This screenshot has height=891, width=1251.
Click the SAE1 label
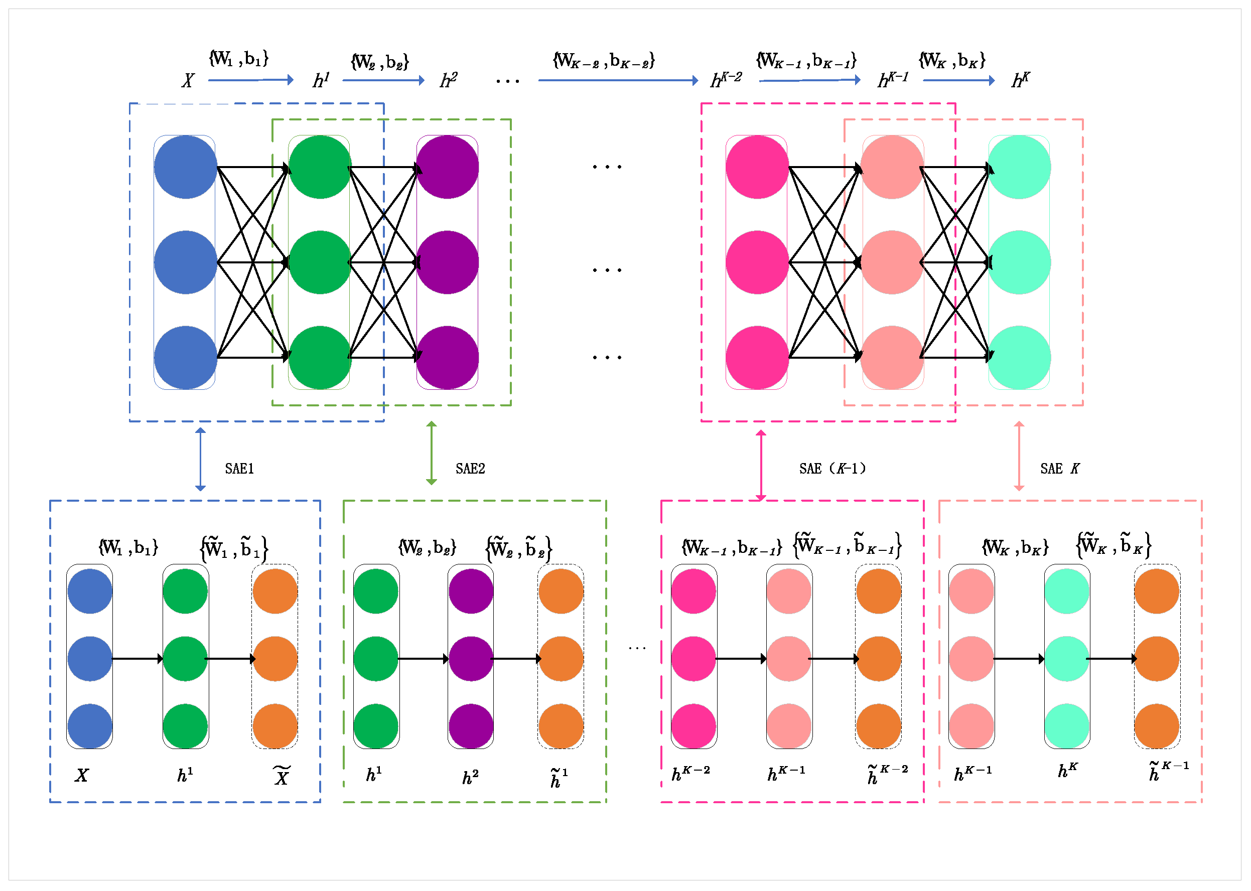pos(239,469)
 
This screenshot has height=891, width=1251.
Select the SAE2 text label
pos(470,469)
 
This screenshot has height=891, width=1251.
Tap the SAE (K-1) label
pos(832,469)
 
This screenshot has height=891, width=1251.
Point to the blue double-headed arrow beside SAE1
pos(201,460)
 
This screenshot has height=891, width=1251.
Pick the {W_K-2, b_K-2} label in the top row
pos(604,60)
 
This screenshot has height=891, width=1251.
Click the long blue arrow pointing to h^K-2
pos(618,81)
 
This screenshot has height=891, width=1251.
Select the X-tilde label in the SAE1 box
pos(282,776)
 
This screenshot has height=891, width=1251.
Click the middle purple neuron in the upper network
pos(447,262)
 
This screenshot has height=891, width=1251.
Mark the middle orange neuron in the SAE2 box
pos(561,659)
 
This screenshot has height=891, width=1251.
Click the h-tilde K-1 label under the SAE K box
pos(1169,772)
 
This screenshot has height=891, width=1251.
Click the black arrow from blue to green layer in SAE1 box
pos(137,659)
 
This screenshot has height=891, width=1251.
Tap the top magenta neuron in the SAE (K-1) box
pos(693,591)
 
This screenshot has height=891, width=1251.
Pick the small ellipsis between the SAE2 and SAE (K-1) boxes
pos(637,649)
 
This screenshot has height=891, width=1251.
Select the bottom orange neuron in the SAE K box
pos(1157,726)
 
